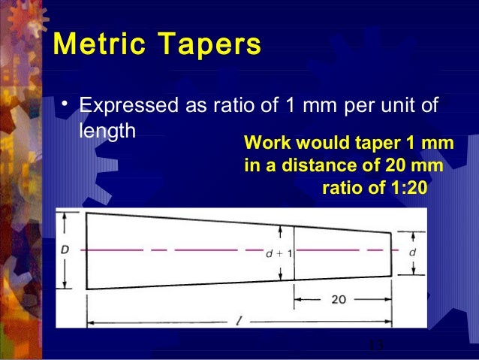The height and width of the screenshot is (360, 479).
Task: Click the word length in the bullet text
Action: (x=105, y=129)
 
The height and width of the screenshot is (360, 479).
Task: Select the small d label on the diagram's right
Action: (x=412, y=253)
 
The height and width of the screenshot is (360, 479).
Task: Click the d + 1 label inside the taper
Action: (x=279, y=253)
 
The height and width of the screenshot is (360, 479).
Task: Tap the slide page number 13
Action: (x=375, y=346)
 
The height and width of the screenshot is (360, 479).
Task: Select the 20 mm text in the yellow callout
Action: (x=416, y=165)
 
